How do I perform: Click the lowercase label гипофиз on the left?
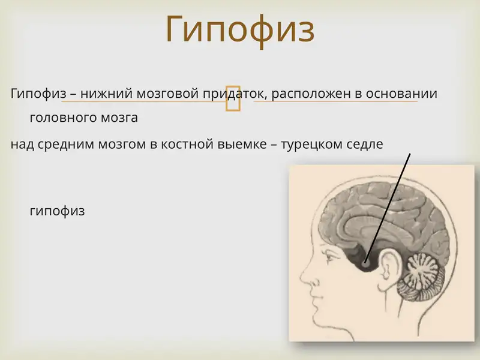click(57, 211)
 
